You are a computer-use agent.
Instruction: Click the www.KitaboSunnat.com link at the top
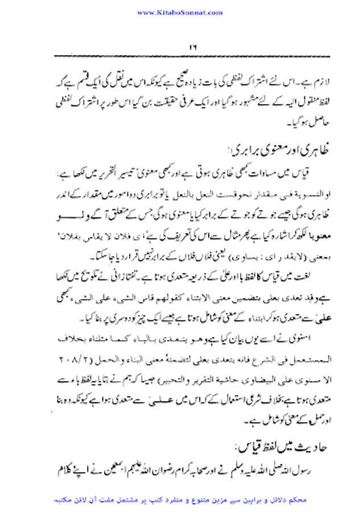pos(180,11)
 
